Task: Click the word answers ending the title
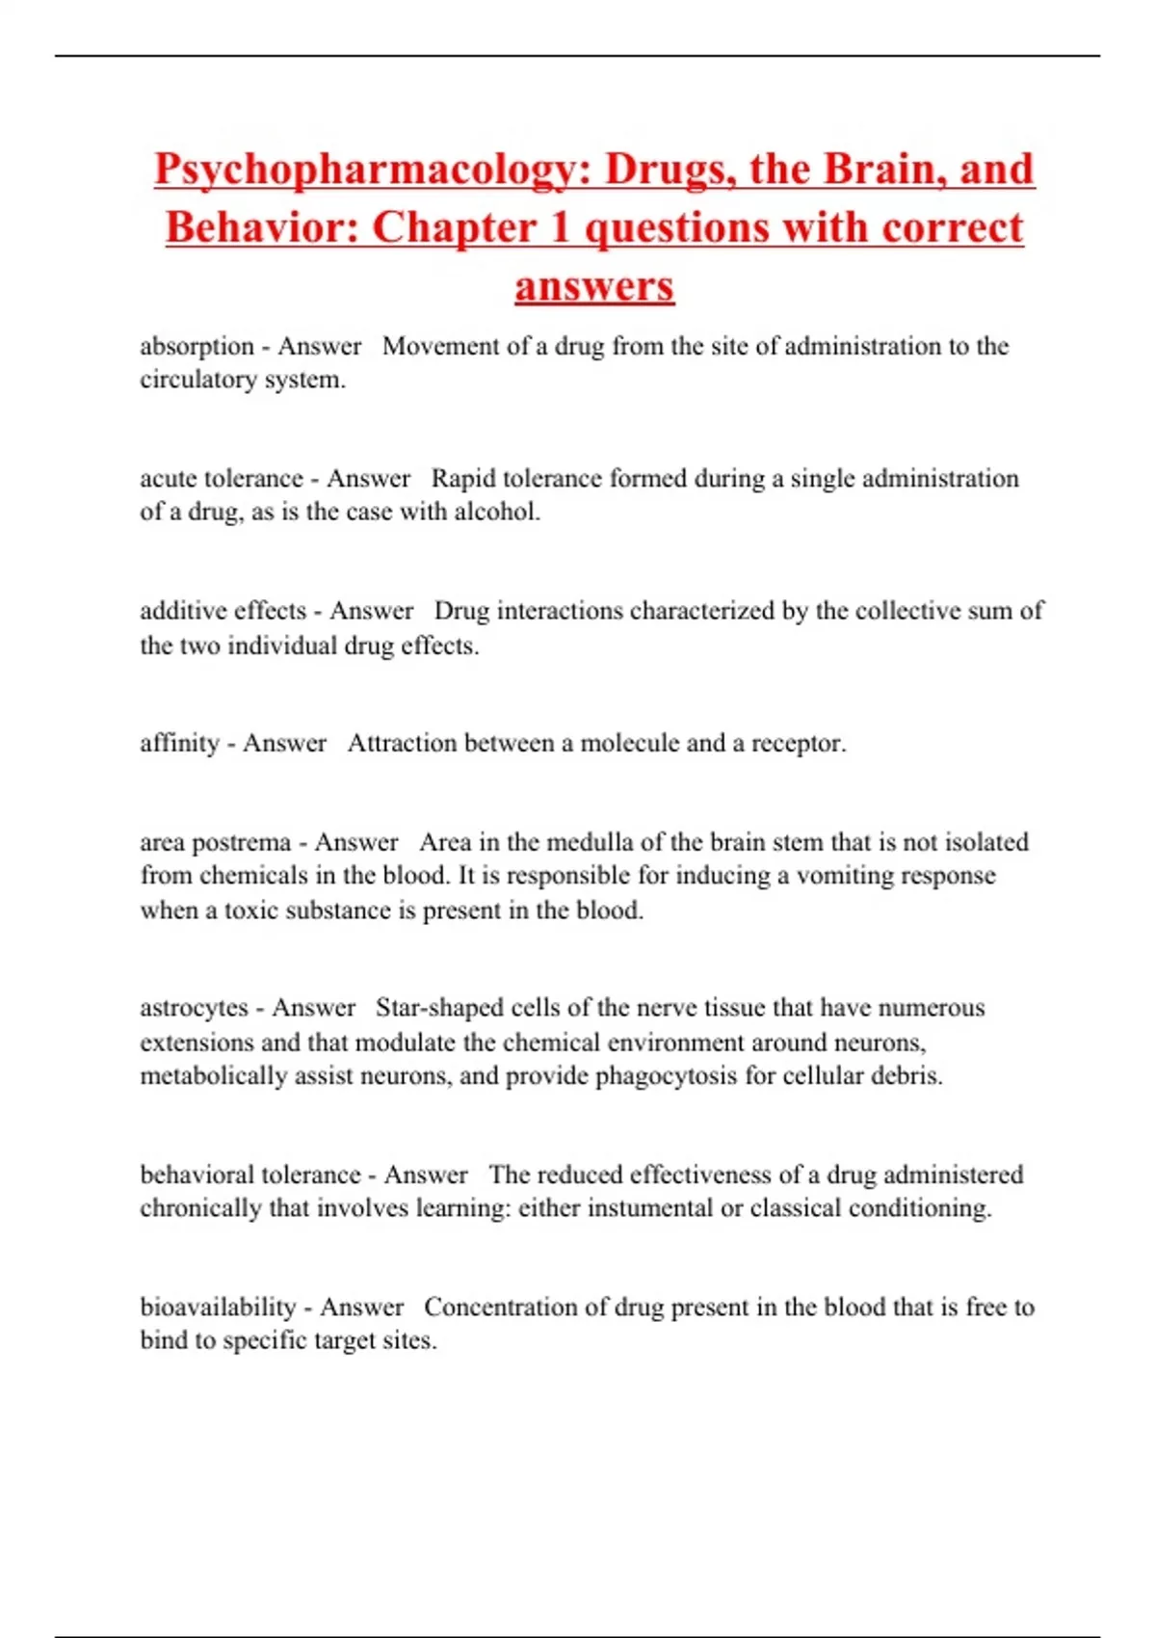point(594,286)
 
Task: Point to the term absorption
point(197,346)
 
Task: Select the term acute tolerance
point(221,479)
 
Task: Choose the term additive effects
point(223,611)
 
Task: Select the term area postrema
point(215,842)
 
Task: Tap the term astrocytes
point(194,1008)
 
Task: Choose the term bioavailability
point(218,1308)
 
